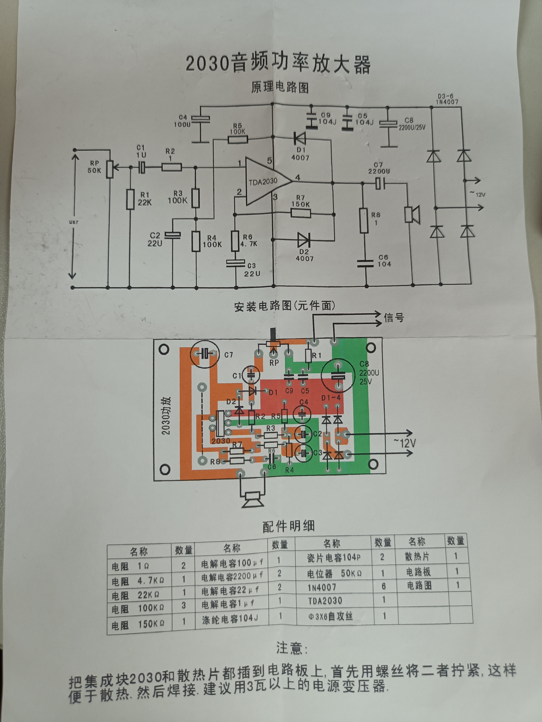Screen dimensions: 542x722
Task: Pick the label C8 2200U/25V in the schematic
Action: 412,124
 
